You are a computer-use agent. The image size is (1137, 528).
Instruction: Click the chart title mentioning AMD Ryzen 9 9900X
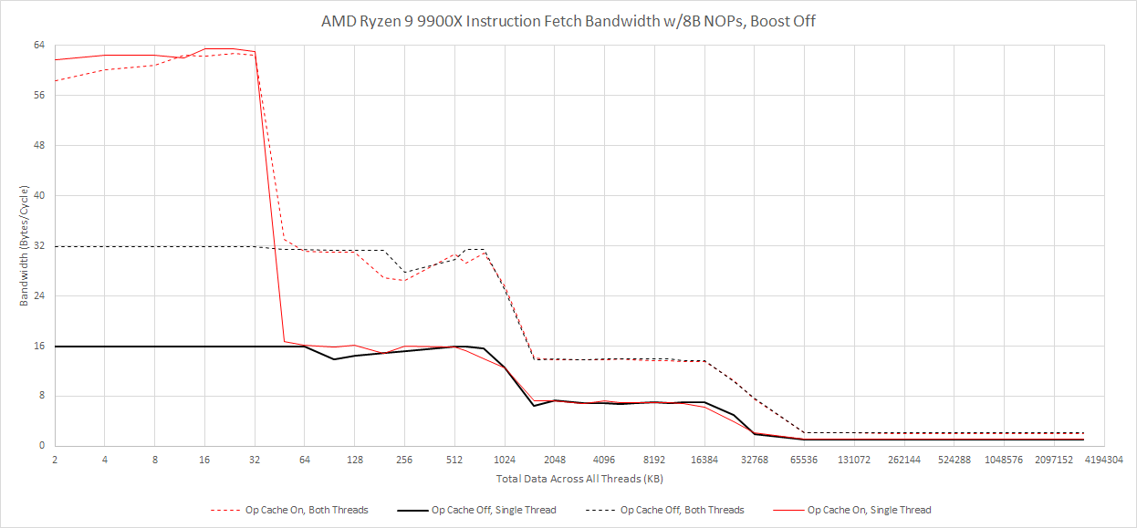[568, 21]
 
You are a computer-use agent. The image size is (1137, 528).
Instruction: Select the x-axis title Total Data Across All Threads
[567, 478]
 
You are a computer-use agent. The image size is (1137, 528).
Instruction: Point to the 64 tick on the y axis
[41, 45]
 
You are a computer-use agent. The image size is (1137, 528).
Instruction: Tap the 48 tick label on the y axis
[41, 145]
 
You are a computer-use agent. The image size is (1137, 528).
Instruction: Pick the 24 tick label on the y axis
[41, 295]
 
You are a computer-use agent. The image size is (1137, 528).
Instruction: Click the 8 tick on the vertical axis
[43, 396]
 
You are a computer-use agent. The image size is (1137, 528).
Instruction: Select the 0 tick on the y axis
[43, 446]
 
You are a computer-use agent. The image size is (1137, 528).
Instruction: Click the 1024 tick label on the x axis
[505, 461]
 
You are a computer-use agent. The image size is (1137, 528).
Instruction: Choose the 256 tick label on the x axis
[404, 461]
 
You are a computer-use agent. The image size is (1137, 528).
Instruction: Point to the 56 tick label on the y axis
[41, 95]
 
